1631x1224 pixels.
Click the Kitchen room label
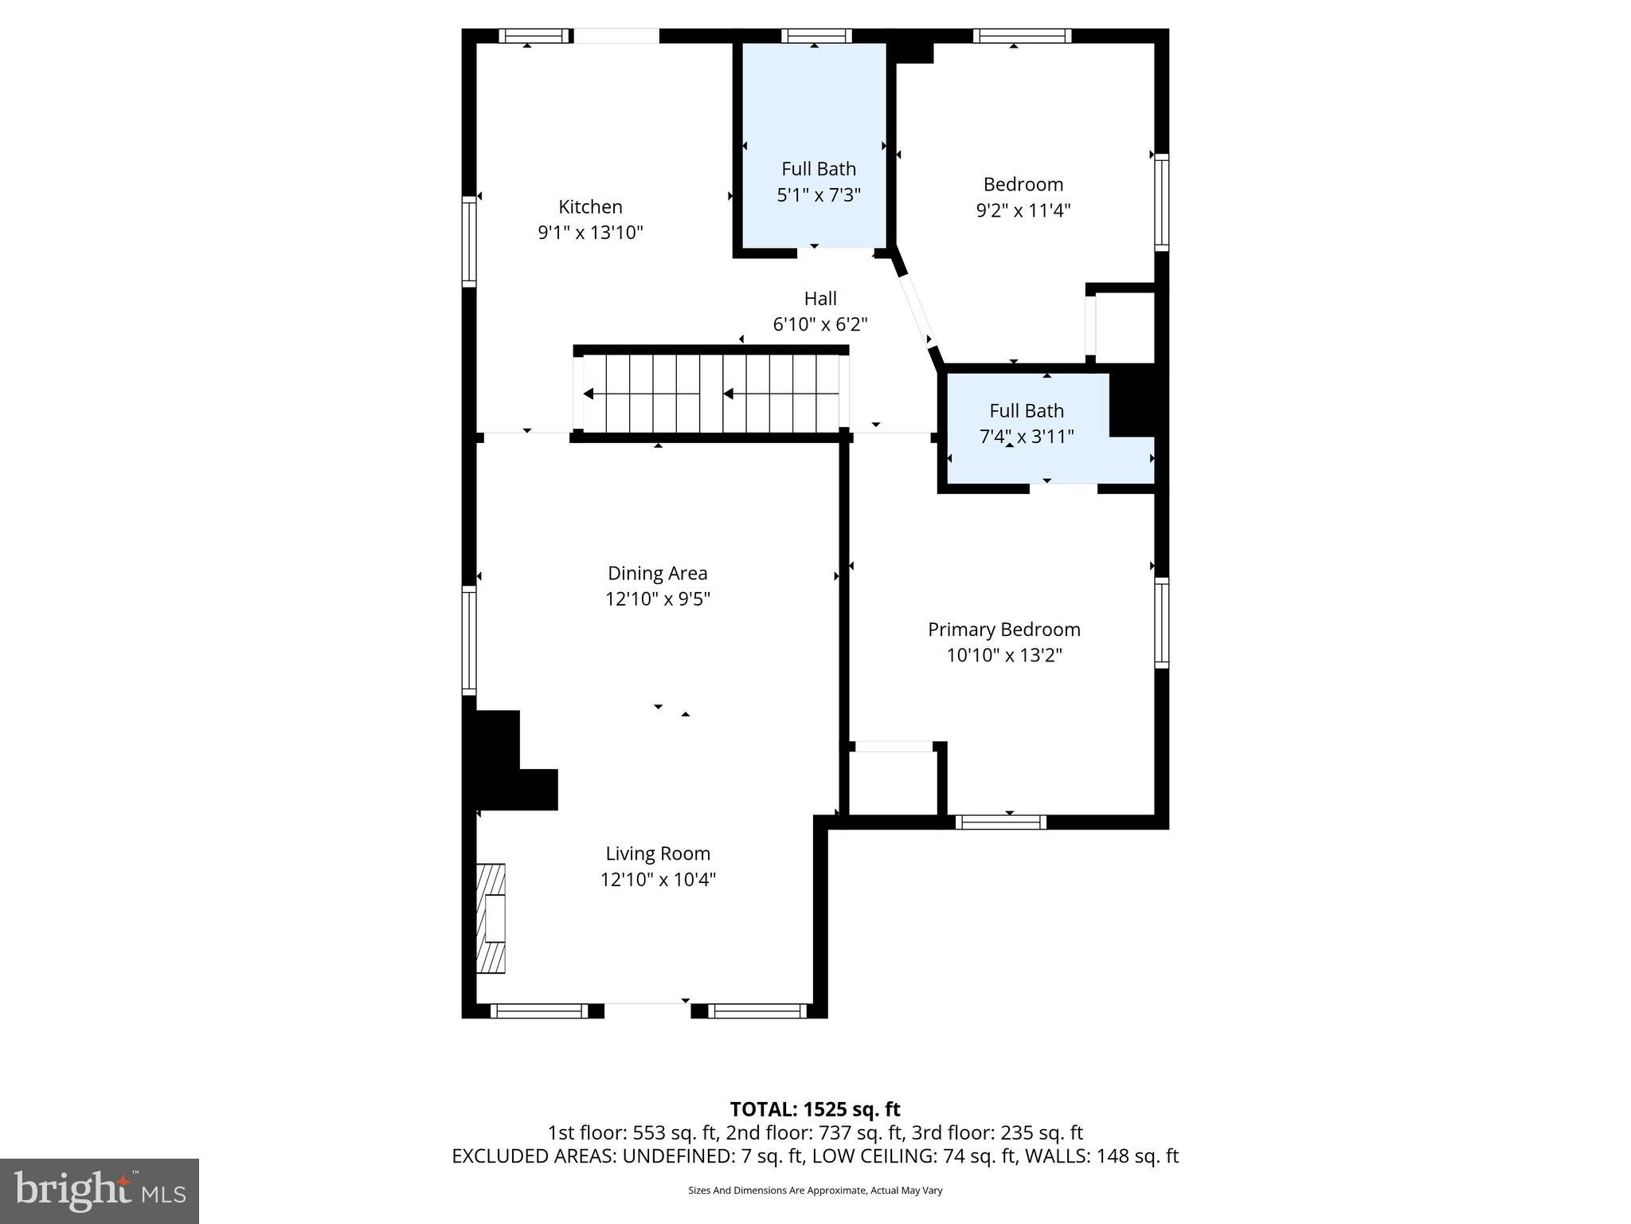(x=590, y=207)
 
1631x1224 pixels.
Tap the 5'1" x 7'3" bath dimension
(x=819, y=195)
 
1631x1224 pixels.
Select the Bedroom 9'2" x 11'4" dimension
(x=1023, y=210)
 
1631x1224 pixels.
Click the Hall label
(x=819, y=299)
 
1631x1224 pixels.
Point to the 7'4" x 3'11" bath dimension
(x=1026, y=437)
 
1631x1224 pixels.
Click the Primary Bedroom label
(x=1003, y=630)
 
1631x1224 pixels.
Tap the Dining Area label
(x=657, y=573)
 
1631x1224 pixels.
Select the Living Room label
(x=657, y=853)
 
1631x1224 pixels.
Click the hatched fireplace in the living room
(x=491, y=918)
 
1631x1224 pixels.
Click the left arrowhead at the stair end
(x=588, y=394)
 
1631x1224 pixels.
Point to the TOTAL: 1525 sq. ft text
(x=815, y=1109)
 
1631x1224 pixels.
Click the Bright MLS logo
(x=100, y=1191)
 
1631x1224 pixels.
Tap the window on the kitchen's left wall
(x=469, y=241)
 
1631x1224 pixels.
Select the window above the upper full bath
(x=816, y=36)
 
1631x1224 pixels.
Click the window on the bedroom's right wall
(x=1162, y=202)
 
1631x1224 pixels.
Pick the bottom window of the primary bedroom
(x=1000, y=822)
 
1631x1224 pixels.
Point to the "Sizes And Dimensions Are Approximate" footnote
(x=815, y=1191)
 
